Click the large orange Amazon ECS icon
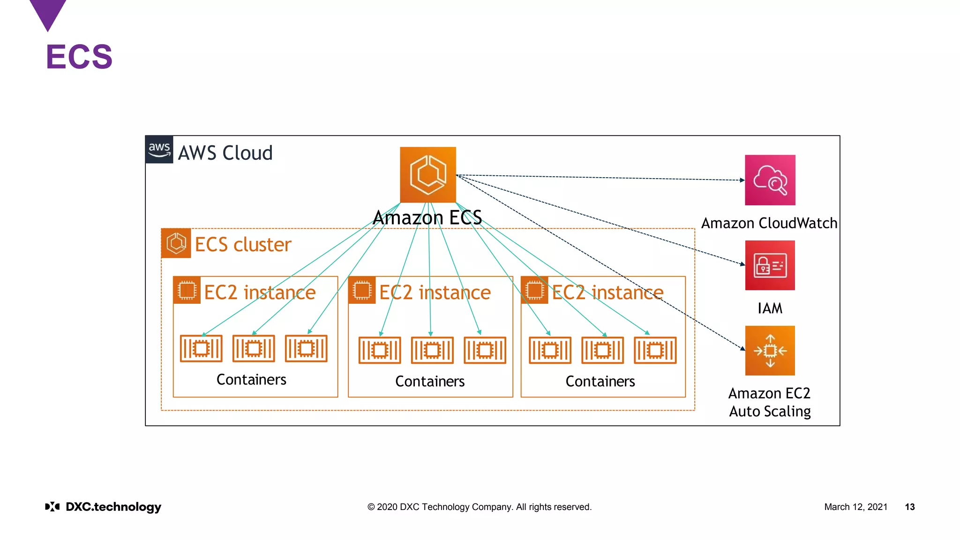pos(427,175)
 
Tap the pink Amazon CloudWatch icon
pos(770,180)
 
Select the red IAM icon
pos(770,265)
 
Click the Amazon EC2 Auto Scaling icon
pos(770,351)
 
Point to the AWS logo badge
pos(159,150)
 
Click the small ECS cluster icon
pos(176,243)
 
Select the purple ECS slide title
pos(79,57)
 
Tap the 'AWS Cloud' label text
pos(225,153)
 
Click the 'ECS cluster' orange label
pos(243,245)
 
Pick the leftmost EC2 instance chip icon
pos(187,290)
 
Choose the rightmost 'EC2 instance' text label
pos(607,292)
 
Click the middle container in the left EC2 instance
pos(254,349)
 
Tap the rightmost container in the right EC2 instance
pos(655,350)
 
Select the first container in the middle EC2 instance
pos(380,350)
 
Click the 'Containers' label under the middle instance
pos(430,382)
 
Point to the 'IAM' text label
pos(770,308)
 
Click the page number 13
pos(909,507)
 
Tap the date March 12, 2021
pos(855,507)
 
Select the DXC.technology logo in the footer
pos(103,507)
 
